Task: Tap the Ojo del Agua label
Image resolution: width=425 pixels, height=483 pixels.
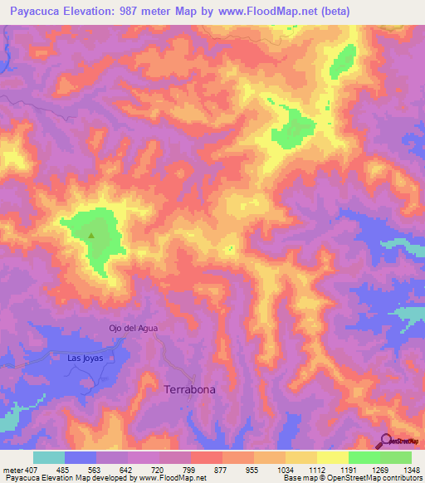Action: tap(133, 328)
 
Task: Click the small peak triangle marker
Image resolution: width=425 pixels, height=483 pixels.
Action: tap(91, 235)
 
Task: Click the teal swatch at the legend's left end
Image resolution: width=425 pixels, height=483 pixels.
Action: tap(49, 457)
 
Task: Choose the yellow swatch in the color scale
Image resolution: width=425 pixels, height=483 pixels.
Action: tap(332, 457)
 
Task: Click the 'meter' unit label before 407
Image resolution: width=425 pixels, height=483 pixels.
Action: tap(10, 469)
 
